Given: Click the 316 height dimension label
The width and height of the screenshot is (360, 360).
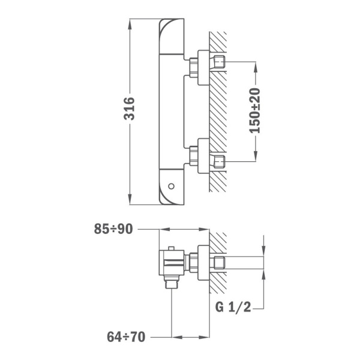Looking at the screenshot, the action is pyautogui.click(x=129, y=109).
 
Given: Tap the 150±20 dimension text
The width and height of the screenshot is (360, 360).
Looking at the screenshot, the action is pyautogui.click(x=255, y=110).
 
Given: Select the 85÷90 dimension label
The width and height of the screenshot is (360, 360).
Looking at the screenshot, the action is pyautogui.click(x=113, y=229).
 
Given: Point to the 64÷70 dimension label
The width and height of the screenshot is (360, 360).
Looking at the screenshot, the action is pyautogui.click(x=126, y=337).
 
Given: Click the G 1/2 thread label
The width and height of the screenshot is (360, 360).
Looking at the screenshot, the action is pyautogui.click(x=233, y=307).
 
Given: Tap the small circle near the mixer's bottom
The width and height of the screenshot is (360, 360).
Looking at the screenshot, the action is pyautogui.click(x=171, y=186).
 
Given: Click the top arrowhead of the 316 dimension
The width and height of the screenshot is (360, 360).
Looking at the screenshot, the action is pyautogui.click(x=130, y=24).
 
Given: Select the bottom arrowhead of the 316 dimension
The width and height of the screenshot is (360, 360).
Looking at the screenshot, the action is pyautogui.click(x=130, y=199).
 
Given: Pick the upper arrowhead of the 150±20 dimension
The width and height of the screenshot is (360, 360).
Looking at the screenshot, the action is pyautogui.click(x=256, y=67).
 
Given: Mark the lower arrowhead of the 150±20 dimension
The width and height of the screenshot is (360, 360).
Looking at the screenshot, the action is pyautogui.click(x=256, y=156).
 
